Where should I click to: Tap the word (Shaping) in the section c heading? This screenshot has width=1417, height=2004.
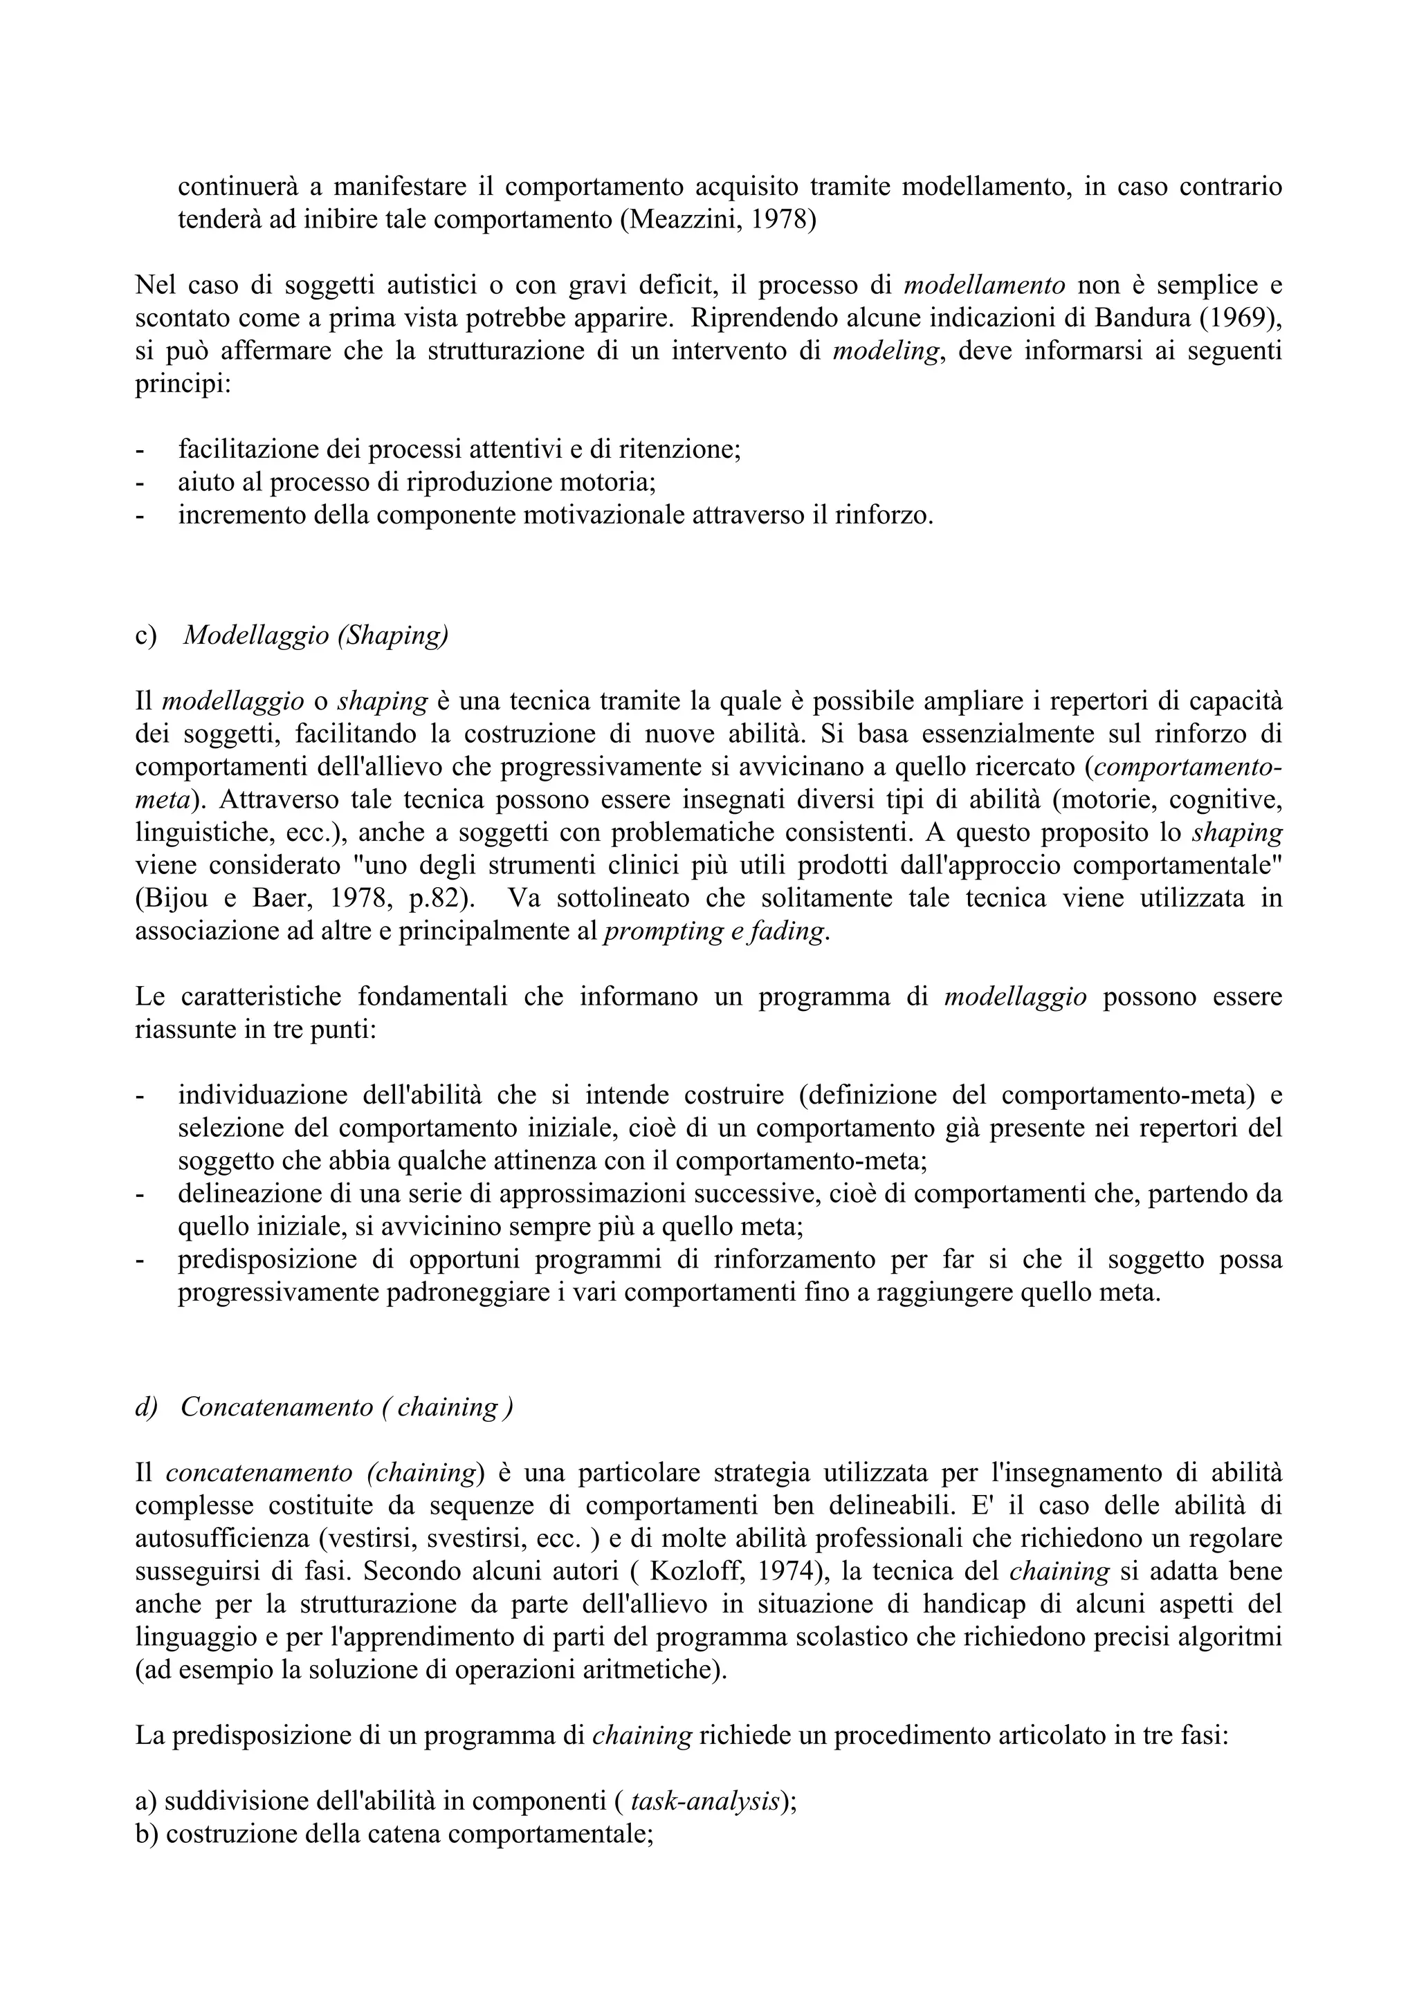coord(392,635)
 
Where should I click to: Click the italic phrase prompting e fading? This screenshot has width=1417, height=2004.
coord(713,931)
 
